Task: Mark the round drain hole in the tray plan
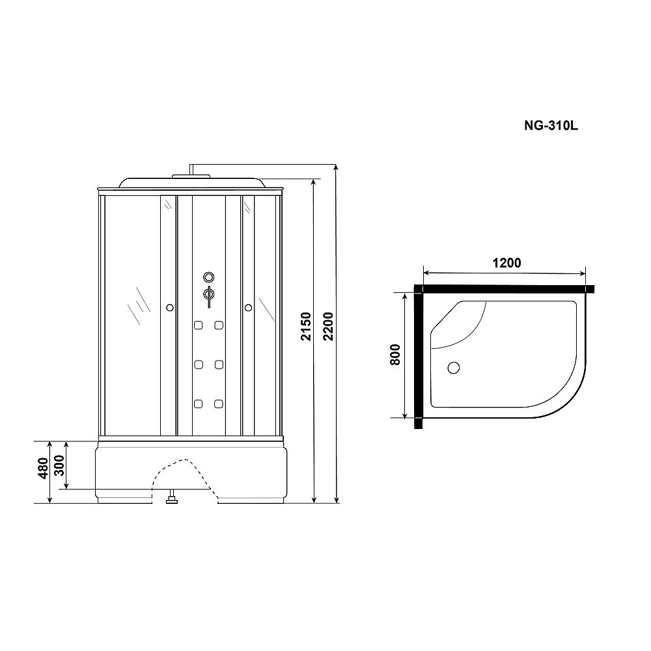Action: [x=453, y=368]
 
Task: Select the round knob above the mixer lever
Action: [x=208, y=276]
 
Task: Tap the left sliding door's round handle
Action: [x=169, y=307]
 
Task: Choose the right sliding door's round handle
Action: [x=248, y=307]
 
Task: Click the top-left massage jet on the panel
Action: [x=197, y=325]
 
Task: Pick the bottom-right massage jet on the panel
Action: [x=219, y=404]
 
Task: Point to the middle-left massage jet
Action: [x=197, y=365]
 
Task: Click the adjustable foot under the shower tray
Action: [x=172, y=500]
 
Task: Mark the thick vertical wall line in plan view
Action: [x=418, y=358]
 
